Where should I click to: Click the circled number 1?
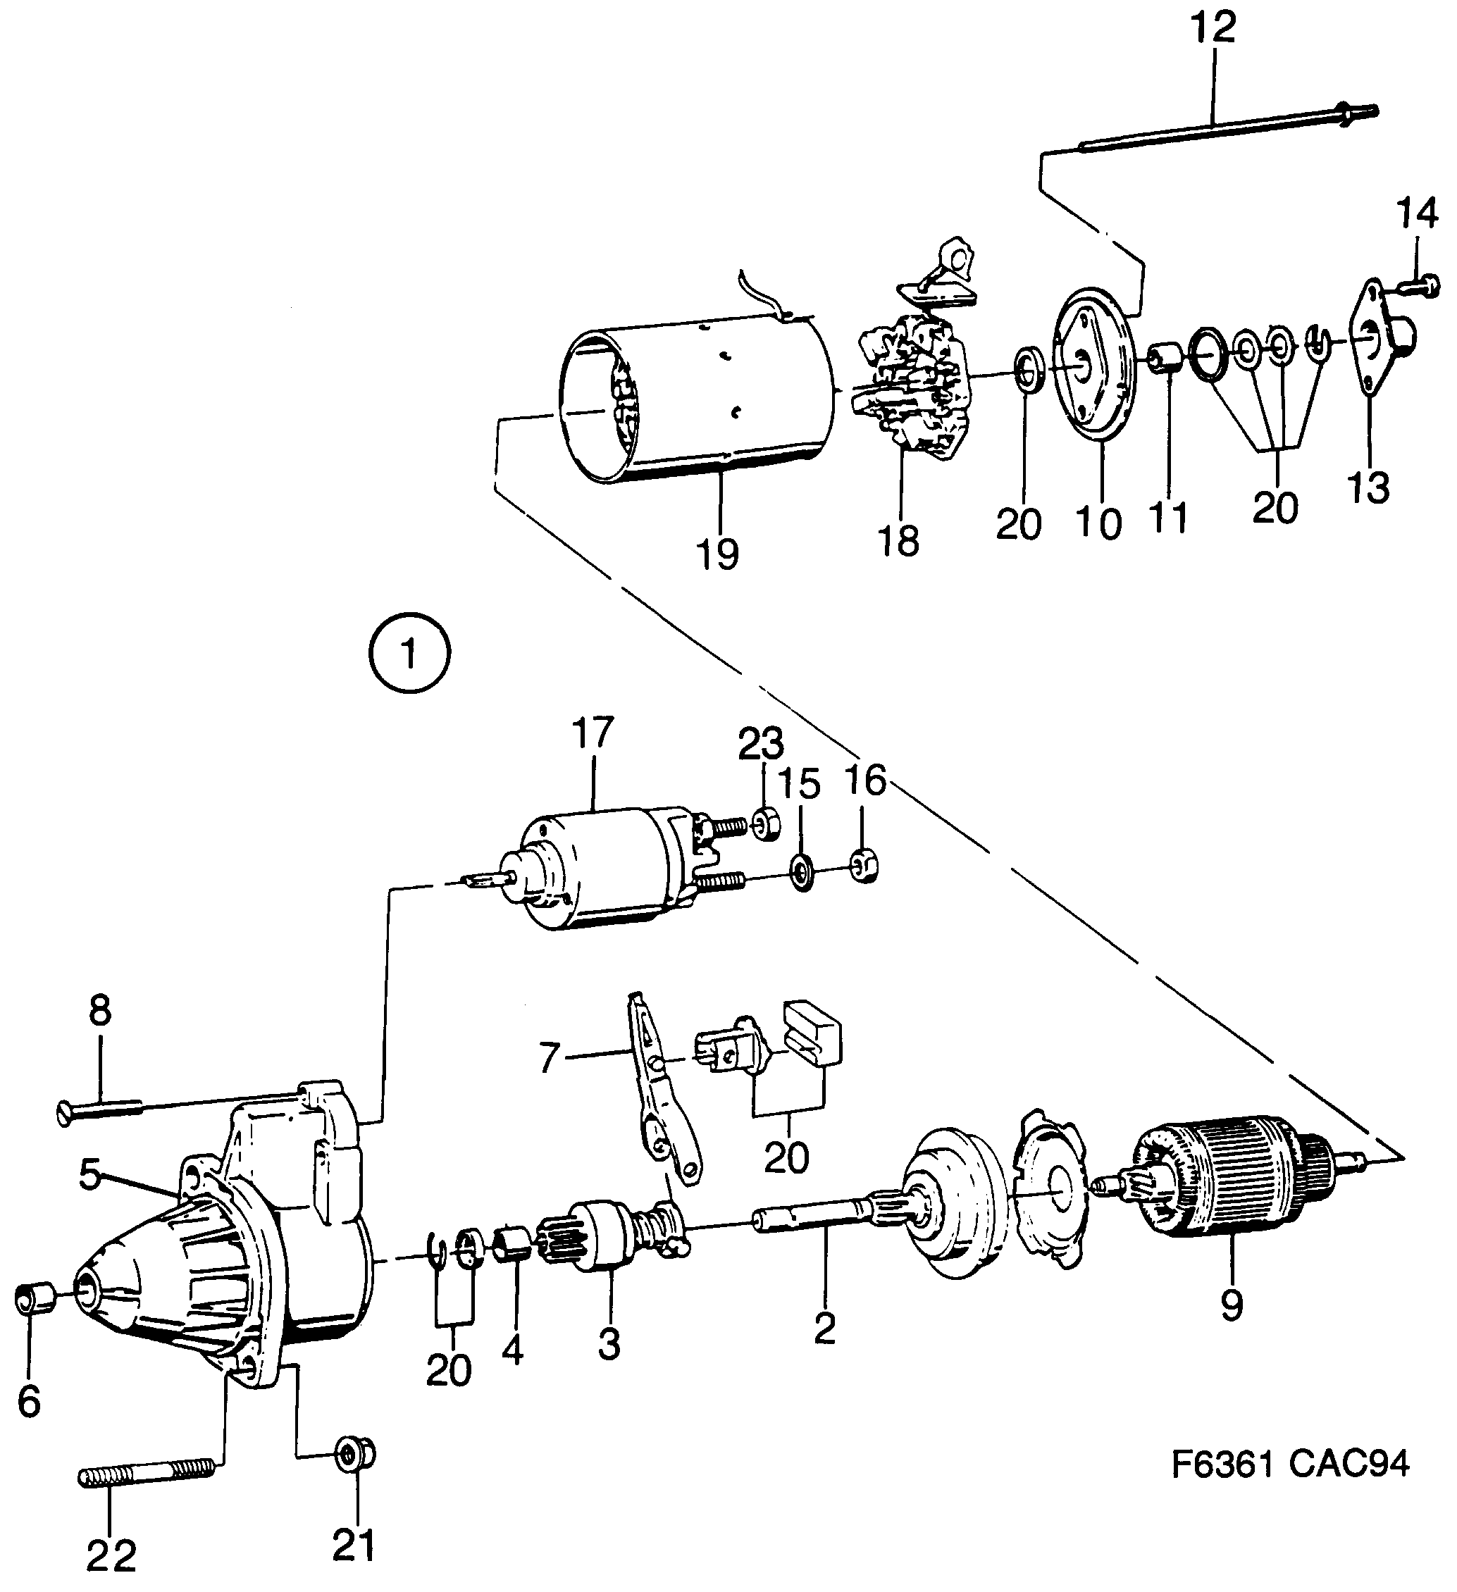(x=409, y=654)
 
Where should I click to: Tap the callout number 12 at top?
(x=1214, y=29)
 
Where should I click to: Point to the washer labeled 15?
(x=801, y=872)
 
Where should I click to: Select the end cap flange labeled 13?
(x=1378, y=340)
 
